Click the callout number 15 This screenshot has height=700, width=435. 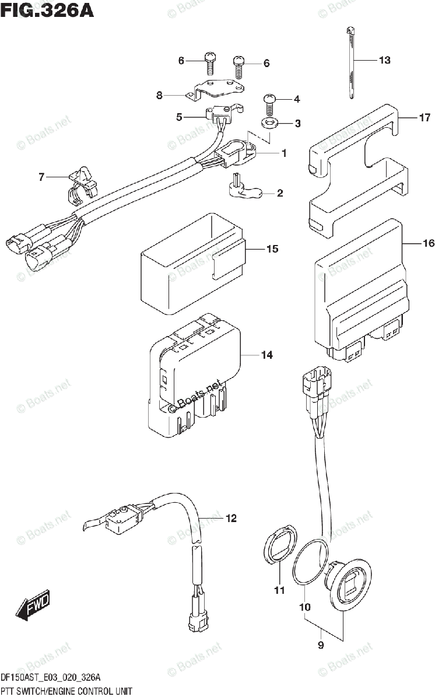(272, 250)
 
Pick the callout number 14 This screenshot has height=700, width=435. (266, 355)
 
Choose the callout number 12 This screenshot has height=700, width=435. (231, 517)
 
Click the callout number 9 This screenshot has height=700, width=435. (320, 645)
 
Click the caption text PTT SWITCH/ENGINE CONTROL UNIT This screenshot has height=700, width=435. (66, 691)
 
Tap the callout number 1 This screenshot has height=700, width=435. (284, 153)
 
